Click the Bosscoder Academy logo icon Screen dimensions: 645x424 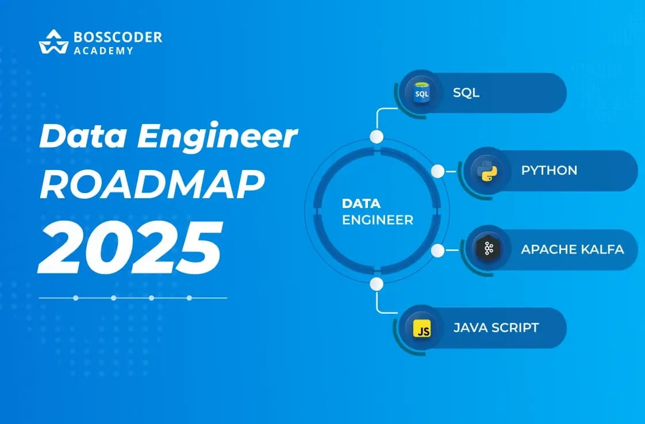pos(53,41)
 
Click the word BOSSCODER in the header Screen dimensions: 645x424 pos(118,37)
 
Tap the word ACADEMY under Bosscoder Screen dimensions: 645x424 pos(103,51)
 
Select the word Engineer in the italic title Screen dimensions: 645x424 pos(217,137)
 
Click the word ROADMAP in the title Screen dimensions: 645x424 pos(152,184)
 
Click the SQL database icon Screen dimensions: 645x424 pos(421,92)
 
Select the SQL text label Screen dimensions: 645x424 pos(466,92)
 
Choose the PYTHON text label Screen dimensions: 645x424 pos(549,170)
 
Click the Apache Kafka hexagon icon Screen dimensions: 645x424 pos(488,248)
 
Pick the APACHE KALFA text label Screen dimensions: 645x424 pos(573,249)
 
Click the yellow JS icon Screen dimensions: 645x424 pos(423,329)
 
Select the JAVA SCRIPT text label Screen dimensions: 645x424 pos(496,328)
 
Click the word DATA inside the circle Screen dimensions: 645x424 pos(361,203)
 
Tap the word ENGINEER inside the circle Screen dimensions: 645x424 pos(378,220)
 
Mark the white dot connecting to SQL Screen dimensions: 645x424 pos(377,137)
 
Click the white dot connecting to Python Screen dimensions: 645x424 pos(437,171)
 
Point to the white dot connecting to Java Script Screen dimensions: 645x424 pos(377,284)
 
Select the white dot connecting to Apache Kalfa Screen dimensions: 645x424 pos(437,250)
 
